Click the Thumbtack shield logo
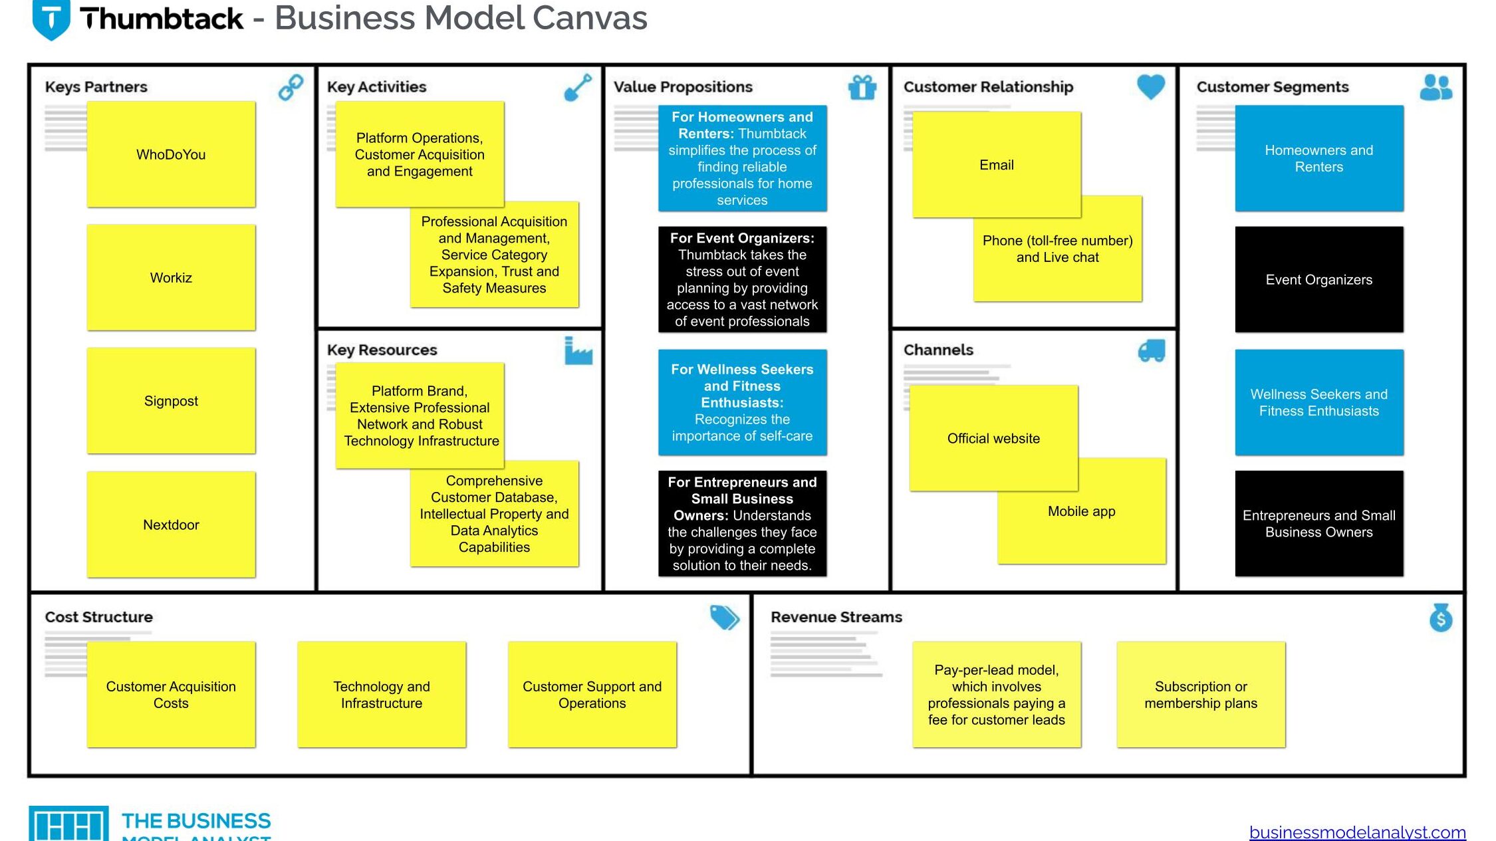click(x=51, y=19)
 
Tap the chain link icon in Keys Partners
click(x=291, y=87)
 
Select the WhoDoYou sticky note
click(x=171, y=154)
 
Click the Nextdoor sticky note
click(x=171, y=525)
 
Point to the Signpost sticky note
click(x=171, y=401)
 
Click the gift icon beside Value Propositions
click(x=862, y=87)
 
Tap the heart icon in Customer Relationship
click(x=1151, y=86)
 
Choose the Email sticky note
click(x=997, y=164)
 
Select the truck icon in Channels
click(x=1152, y=350)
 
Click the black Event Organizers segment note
click(x=1319, y=279)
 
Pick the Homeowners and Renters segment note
click(x=1319, y=158)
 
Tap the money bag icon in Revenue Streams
click(x=1441, y=618)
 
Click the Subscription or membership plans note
click(x=1201, y=694)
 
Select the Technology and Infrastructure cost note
click(x=382, y=694)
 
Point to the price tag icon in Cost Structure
click(x=724, y=618)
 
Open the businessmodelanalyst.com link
click(x=1357, y=832)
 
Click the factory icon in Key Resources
click(x=578, y=350)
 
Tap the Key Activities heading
click(x=376, y=87)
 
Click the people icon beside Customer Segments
click(x=1436, y=87)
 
